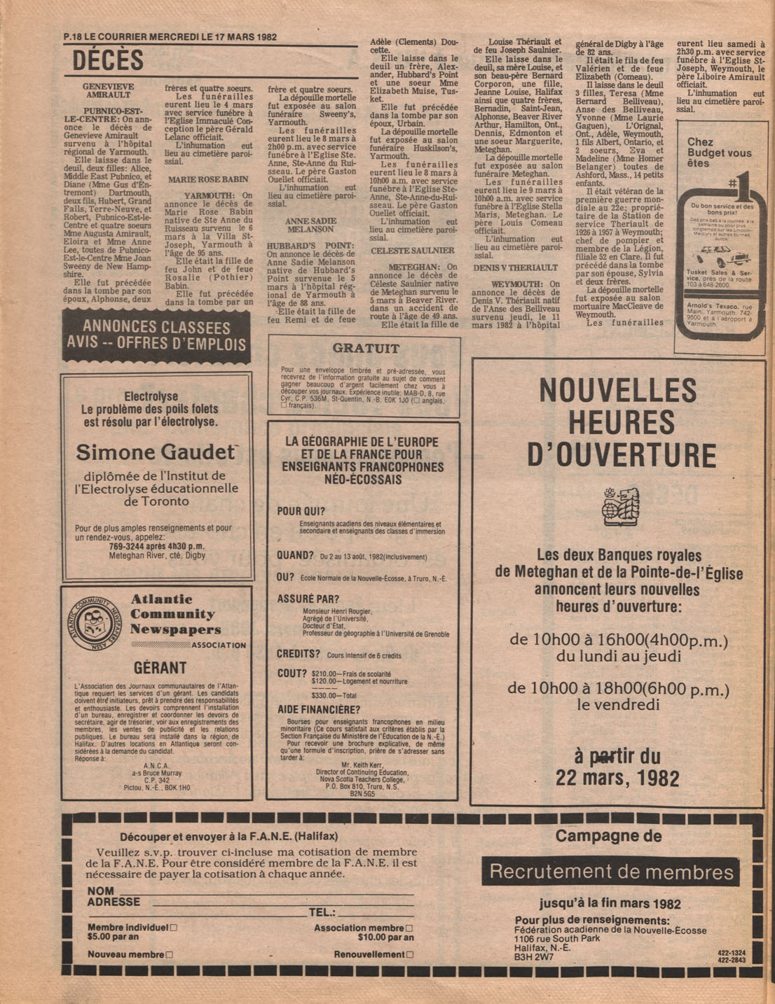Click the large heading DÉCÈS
(x=108, y=62)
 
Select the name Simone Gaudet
(x=156, y=452)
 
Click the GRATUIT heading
(x=366, y=348)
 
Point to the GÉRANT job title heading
(x=160, y=667)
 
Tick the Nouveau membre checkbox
(x=170, y=954)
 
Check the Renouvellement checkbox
(x=410, y=954)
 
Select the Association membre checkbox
(x=409, y=928)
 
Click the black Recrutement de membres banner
(x=610, y=872)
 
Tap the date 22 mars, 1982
(x=617, y=778)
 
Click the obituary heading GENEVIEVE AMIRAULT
(x=108, y=90)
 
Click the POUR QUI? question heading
(x=301, y=511)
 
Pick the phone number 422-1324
(x=732, y=952)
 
